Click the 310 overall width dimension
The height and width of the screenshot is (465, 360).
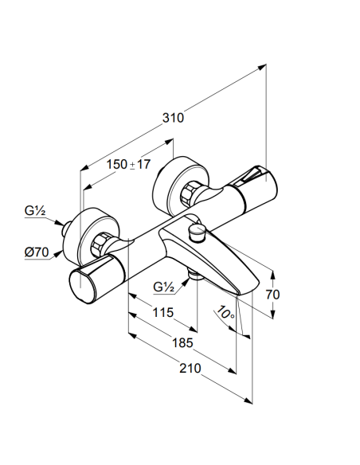click(x=173, y=118)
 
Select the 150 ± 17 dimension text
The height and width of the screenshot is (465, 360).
click(x=128, y=164)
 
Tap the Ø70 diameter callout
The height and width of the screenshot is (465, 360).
click(x=36, y=252)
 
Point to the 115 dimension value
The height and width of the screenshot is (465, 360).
click(x=162, y=312)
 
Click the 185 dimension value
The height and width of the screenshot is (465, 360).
click(x=182, y=343)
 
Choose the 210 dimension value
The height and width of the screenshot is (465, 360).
click(x=190, y=369)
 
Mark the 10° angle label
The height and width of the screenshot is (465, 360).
click(x=225, y=313)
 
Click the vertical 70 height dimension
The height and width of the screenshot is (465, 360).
click(x=272, y=295)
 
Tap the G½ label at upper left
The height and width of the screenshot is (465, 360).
click(x=35, y=211)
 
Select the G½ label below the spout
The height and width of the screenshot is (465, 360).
click(x=164, y=287)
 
